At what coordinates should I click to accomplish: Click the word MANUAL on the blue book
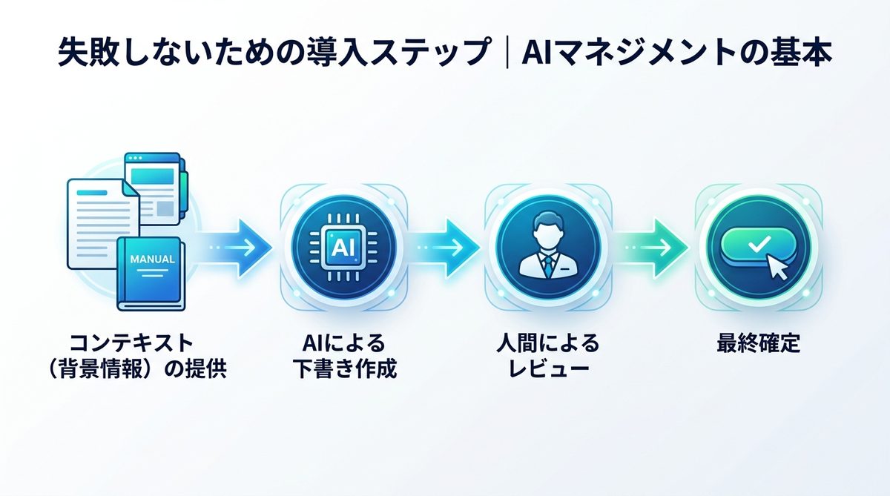[x=152, y=259]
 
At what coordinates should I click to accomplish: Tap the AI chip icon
[x=339, y=246]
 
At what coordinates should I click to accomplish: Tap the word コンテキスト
[x=131, y=344]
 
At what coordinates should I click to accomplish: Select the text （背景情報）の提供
[x=131, y=368]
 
